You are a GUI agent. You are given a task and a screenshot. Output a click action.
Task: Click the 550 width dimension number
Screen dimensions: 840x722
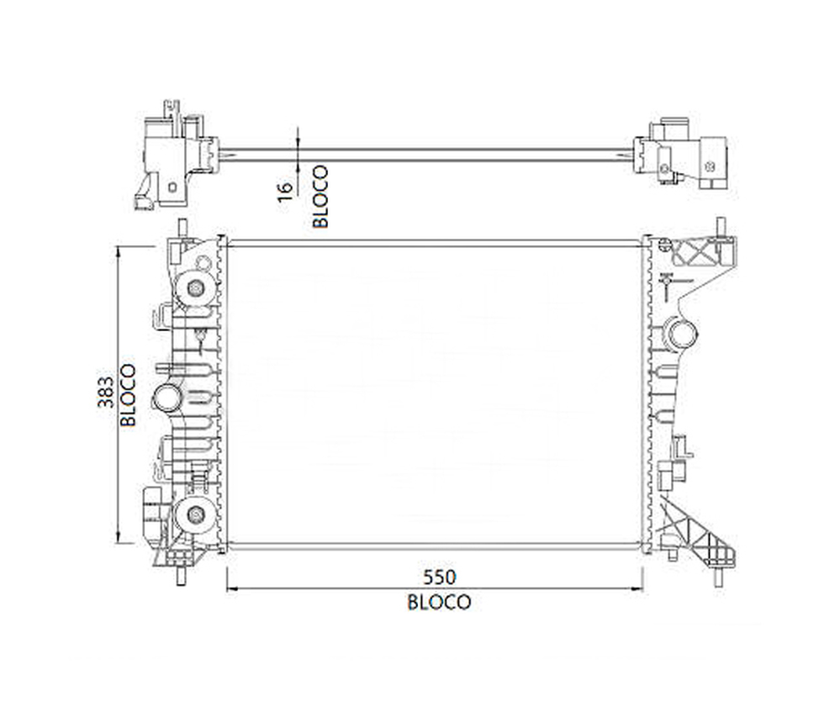click(439, 577)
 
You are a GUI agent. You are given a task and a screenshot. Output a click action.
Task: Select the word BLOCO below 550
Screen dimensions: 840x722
click(439, 602)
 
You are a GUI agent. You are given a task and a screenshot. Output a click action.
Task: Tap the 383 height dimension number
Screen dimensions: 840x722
click(106, 392)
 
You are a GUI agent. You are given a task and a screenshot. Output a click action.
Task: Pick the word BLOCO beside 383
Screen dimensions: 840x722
click(128, 395)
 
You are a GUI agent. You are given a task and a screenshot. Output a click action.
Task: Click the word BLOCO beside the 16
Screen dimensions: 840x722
click(320, 196)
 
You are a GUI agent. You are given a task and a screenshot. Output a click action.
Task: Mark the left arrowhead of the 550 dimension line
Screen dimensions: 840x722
click(231, 588)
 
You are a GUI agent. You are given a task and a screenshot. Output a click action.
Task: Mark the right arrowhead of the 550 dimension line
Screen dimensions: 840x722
click(637, 588)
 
